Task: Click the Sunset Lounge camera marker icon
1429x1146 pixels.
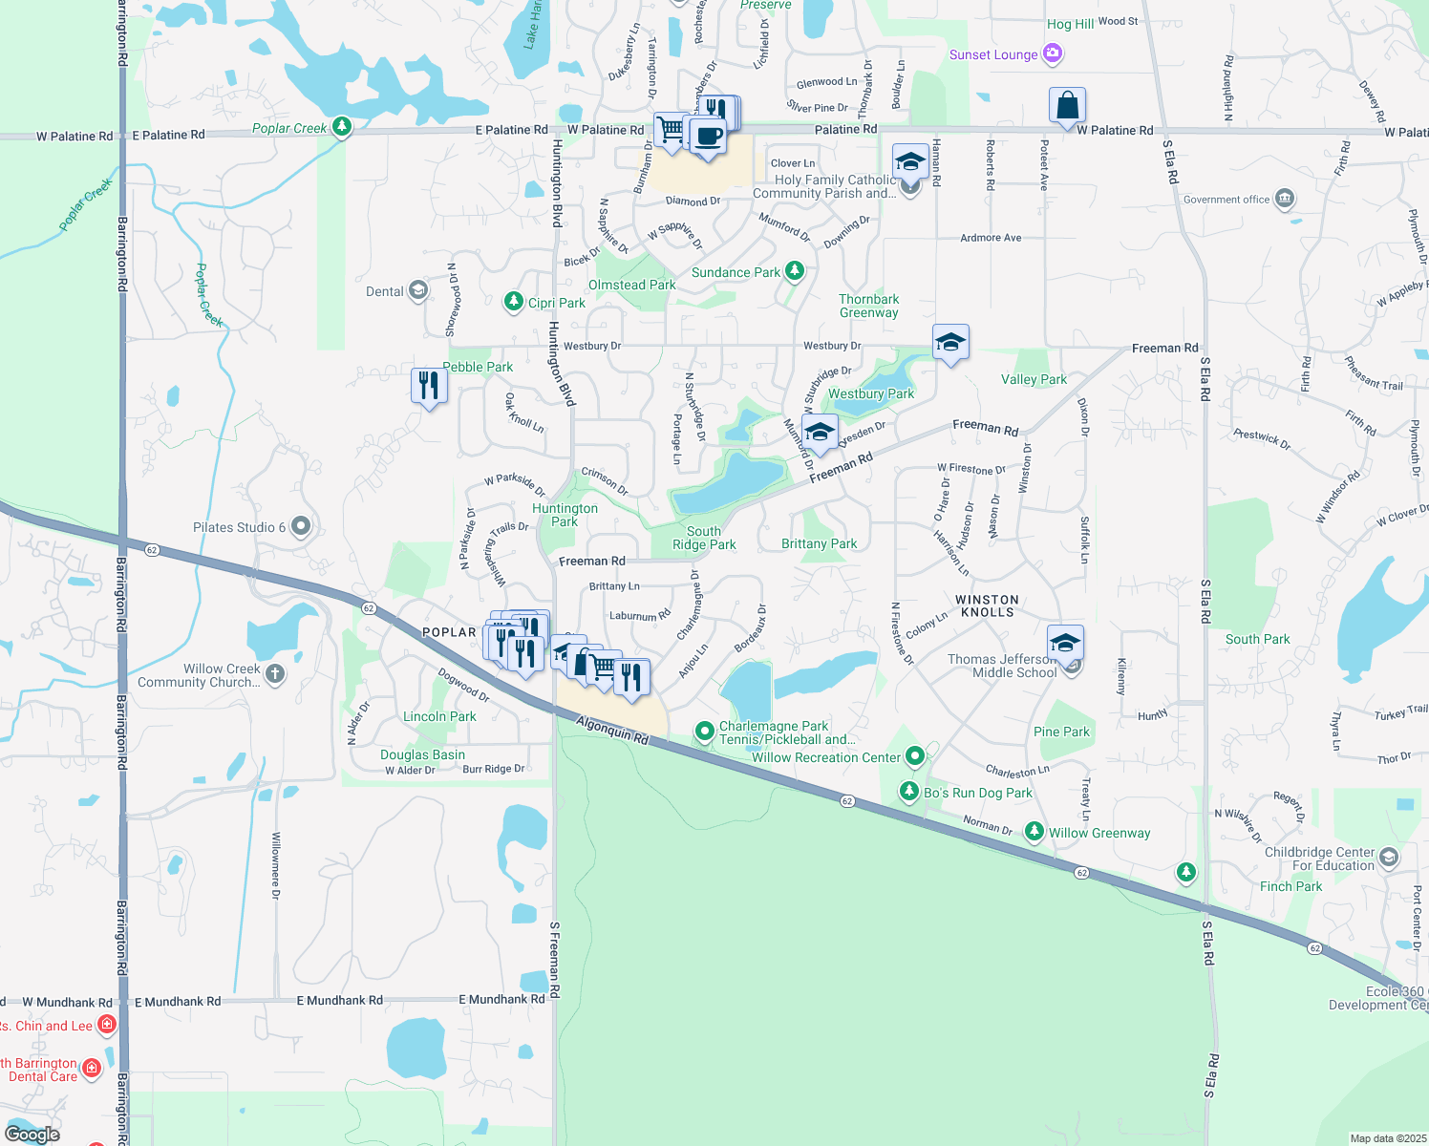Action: coord(1053,53)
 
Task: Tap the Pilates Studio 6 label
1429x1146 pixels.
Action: coord(240,527)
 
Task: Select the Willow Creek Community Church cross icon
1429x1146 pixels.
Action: coord(275,673)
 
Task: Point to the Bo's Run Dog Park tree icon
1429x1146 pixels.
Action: coord(909,792)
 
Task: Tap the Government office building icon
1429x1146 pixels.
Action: coord(1285,199)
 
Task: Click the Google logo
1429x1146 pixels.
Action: coord(32,1135)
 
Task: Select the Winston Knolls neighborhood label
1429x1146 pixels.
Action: coord(988,605)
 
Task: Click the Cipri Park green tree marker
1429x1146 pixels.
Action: coord(514,303)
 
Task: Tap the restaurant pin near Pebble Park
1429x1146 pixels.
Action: coord(429,386)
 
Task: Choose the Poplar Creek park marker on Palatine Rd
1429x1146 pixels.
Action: coord(342,127)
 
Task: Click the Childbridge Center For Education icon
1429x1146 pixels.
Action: coord(1389,857)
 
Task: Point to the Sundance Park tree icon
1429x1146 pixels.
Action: coord(794,271)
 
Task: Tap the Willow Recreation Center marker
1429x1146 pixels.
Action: coord(915,756)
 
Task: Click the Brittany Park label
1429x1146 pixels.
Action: coord(820,543)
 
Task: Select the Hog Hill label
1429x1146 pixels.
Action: coord(1070,24)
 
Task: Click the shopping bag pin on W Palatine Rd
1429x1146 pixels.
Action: coord(1067,106)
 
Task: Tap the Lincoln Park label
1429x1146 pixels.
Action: coord(439,716)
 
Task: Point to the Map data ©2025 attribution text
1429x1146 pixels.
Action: coord(1387,1138)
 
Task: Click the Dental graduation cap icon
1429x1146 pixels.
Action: coord(417,290)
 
